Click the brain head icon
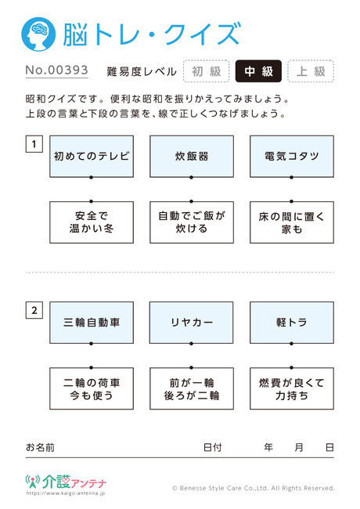pos(38,34)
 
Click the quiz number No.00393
pos(57,70)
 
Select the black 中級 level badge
pos(258,71)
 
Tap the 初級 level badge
pos(207,71)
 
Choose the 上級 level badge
pos(311,71)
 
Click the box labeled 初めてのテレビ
pos(92,157)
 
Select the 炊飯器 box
pos(192,157)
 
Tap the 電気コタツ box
pos(292,157)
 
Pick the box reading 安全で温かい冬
pos(92,222)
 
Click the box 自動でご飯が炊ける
pos(192,222)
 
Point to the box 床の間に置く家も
pos(292,222)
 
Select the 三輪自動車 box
pos(92,323)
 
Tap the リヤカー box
pos(192,323)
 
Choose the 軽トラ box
pos(292,323)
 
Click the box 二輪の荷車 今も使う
pos(92,388)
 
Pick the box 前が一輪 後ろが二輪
pos(192,388)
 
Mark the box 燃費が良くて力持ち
pos(292,388)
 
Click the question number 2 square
pos(34,310)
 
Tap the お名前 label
pos(40,448)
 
